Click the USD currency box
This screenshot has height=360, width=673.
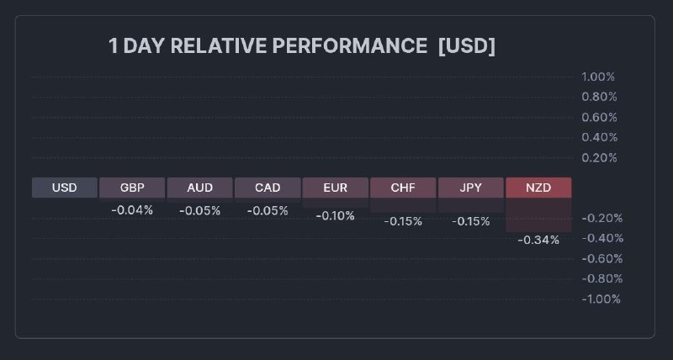(64, 188)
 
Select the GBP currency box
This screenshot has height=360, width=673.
(132, 188)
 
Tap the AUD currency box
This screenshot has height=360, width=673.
(199, 188)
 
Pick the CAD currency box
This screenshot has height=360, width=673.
(268, 188)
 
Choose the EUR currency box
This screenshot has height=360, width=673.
(336, 188)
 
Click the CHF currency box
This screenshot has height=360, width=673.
(403, 188)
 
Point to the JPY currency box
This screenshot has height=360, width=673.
(471, 188)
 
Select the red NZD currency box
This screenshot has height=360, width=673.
(538, 188)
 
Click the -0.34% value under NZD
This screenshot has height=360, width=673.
(538, 240)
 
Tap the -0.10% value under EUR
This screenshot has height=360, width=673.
(336, 216)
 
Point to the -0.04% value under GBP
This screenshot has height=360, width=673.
(132, 210)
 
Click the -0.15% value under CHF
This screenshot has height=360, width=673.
(403, 221)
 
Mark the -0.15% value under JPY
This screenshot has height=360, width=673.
(471, 221)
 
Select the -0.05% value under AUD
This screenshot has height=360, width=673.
(199, 211)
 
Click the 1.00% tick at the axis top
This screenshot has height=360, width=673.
(599, 77)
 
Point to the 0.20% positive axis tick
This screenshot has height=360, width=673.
(599, 158)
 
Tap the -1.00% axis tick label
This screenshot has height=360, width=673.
(601, 299)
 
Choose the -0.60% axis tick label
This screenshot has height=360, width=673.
(601, 259)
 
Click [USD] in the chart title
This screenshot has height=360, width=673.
(467, 46)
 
